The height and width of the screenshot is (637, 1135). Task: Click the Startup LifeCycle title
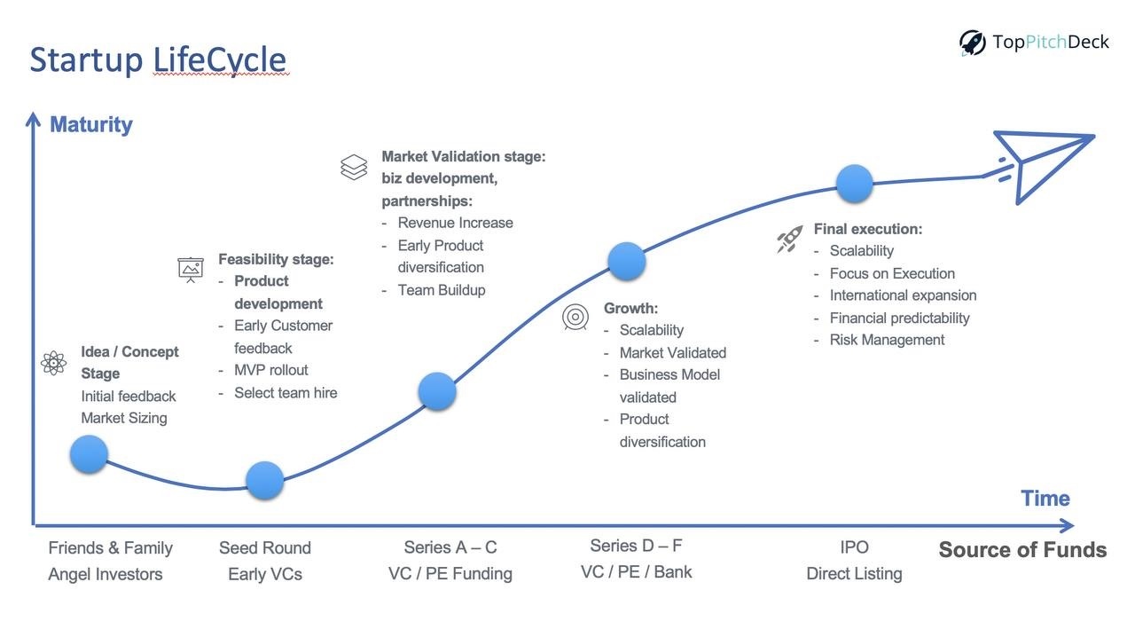click(x=158, y=60)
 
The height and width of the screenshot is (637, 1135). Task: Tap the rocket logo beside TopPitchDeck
click(x=972, y=43)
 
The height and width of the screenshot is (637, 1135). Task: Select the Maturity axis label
click(x=91, y=125)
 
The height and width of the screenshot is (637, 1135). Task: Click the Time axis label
click(x=1045, y=499)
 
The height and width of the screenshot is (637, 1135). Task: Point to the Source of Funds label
click(x=1022, y=550)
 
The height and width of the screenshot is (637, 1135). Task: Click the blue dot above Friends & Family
click(x=90, y=454)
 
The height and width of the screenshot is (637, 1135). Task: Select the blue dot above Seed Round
click(x=264, y=480)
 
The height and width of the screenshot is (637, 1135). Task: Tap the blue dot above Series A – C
click(x=437, y=391)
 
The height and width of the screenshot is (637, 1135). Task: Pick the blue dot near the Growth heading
click(x=627, y=262)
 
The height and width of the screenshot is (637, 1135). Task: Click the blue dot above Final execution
click(x=855, y=184)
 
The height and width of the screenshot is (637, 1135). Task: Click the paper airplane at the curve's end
click(x=1044, y=165)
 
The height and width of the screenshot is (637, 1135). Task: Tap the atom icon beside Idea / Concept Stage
click(x=54, y=363)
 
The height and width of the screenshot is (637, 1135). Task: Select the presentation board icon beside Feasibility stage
click(x=191, y=270)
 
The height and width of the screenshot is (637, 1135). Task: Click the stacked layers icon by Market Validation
click(x=354, y=168)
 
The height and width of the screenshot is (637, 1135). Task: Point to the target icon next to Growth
click(x=575, y=318)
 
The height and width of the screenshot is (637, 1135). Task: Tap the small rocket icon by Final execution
click(x=790, y=239)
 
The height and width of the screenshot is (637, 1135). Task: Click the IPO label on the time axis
click(x=854, y=547)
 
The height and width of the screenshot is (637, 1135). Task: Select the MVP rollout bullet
click(x=271, y=370)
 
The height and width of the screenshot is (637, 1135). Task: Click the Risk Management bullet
click(x=888, y=340)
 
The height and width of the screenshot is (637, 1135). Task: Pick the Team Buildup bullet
click(x=442, y=290)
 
